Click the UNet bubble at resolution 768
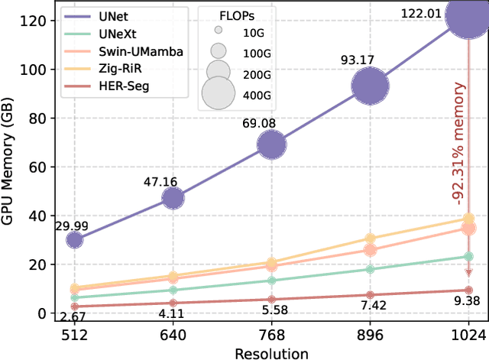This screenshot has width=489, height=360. [271, 144]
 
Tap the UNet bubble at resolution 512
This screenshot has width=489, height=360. [74, 240]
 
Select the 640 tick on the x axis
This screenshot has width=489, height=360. [173, 334]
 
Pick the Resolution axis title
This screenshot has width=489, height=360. [272, 352]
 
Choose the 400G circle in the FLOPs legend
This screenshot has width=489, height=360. [217, 93]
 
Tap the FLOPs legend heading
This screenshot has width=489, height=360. [234, 12]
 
